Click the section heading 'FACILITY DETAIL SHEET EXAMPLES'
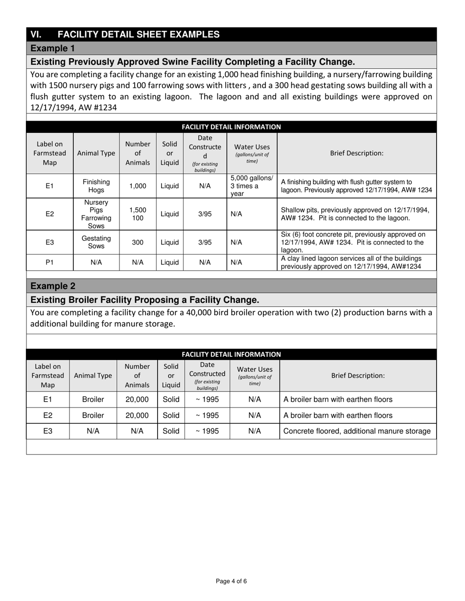pos(139,34)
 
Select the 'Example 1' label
pos(53,48)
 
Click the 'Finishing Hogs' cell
pos(96,186)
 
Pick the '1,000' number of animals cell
pos(138,186)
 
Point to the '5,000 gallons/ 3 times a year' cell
pos(252,186)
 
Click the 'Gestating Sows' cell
pos(96,242)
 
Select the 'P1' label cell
pos(49,262)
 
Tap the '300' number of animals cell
pos(138,242)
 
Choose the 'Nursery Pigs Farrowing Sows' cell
pos(96,214)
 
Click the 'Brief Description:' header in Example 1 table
pos(356,153)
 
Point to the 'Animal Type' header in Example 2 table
pos(93,376)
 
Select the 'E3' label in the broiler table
pos(47,431)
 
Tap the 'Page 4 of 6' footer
pos(231,581)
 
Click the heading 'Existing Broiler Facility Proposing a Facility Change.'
pos(145,300)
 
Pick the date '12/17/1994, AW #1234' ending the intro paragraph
pos(73,107)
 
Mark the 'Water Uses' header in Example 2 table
pos(255,376)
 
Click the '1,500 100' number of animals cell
pos(138,214)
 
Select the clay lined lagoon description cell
pos(351,262)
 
